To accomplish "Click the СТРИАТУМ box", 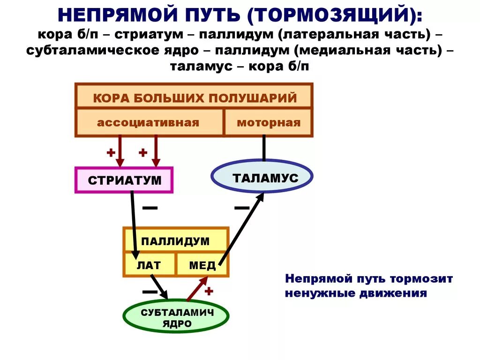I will click(124, 180).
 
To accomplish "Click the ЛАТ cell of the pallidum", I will click(149, 265).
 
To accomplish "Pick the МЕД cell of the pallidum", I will click(202, 265).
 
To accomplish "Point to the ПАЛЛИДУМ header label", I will click(175, 241).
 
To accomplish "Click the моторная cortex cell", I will click(268, 123).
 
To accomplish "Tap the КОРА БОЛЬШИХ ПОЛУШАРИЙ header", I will click(194, 98).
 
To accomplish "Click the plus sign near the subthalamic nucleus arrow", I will click(209, 291).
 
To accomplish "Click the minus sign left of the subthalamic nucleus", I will click(150, 292).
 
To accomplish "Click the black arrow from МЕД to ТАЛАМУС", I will click(240, 230).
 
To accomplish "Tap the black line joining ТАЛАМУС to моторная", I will click(264, 148).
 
